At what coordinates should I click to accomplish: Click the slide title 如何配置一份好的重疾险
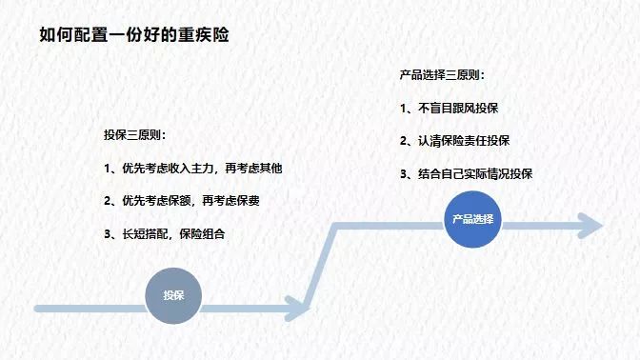point(133,35)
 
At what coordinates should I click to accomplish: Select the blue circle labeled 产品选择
point(473,219)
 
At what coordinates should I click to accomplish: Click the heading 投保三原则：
point(135,135)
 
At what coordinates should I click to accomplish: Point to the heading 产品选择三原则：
point(441,74)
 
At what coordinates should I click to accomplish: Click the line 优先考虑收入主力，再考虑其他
point(201,169)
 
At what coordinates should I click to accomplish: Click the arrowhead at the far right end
point(591,226)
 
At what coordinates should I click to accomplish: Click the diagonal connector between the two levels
point(322,267)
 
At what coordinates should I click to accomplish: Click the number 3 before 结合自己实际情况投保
point(404,173)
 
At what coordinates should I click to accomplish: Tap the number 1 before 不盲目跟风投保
point(404,109)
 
